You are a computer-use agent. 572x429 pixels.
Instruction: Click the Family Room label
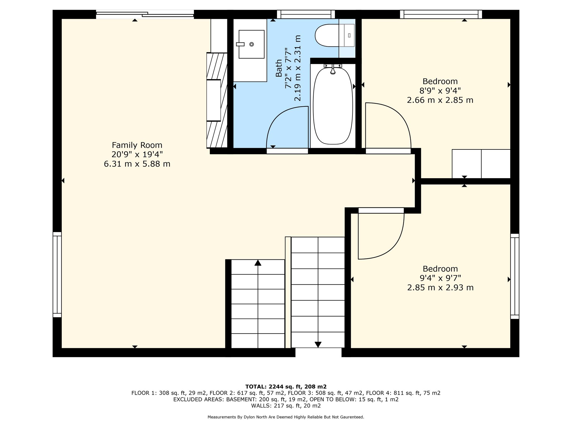[137, 145]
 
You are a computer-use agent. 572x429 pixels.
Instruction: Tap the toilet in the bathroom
[335, 35]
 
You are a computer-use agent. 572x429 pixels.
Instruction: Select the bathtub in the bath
[333, 106]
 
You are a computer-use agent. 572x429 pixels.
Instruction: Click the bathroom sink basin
[251, 44]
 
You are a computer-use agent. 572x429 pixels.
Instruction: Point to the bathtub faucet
[333, 68]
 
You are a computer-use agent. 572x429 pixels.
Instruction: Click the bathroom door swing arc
[279, 117]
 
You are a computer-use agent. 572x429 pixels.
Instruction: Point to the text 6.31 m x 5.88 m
[137, 164]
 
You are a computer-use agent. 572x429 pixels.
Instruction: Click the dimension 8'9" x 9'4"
[440, 91]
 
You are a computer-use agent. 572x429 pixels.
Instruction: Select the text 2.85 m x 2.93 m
[440, 288]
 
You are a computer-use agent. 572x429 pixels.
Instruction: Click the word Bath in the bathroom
[279, 68]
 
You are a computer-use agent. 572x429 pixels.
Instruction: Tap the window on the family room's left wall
[57, 275]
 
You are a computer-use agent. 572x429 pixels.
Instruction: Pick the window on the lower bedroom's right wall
[515, 276]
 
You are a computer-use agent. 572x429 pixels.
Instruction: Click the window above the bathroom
[306, 14]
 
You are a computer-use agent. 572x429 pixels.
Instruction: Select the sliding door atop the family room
[145, 14]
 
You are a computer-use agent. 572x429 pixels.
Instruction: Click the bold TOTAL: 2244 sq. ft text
[273, 387]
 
